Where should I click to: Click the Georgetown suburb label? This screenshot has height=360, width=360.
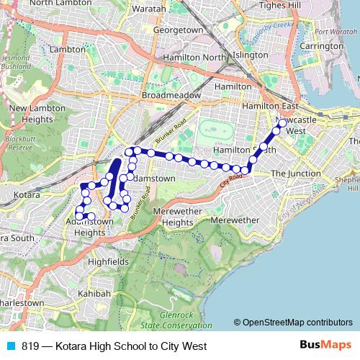[x=178, y=30]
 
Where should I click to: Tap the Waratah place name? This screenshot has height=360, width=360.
[x=149, y=9]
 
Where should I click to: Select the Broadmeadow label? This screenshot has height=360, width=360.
[x=166, y=95]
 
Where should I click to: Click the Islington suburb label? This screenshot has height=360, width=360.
[x=250, y=55]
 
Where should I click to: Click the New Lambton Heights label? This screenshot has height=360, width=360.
[x=37, y=113]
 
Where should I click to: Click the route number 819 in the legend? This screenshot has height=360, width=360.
[x=31, y=346]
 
